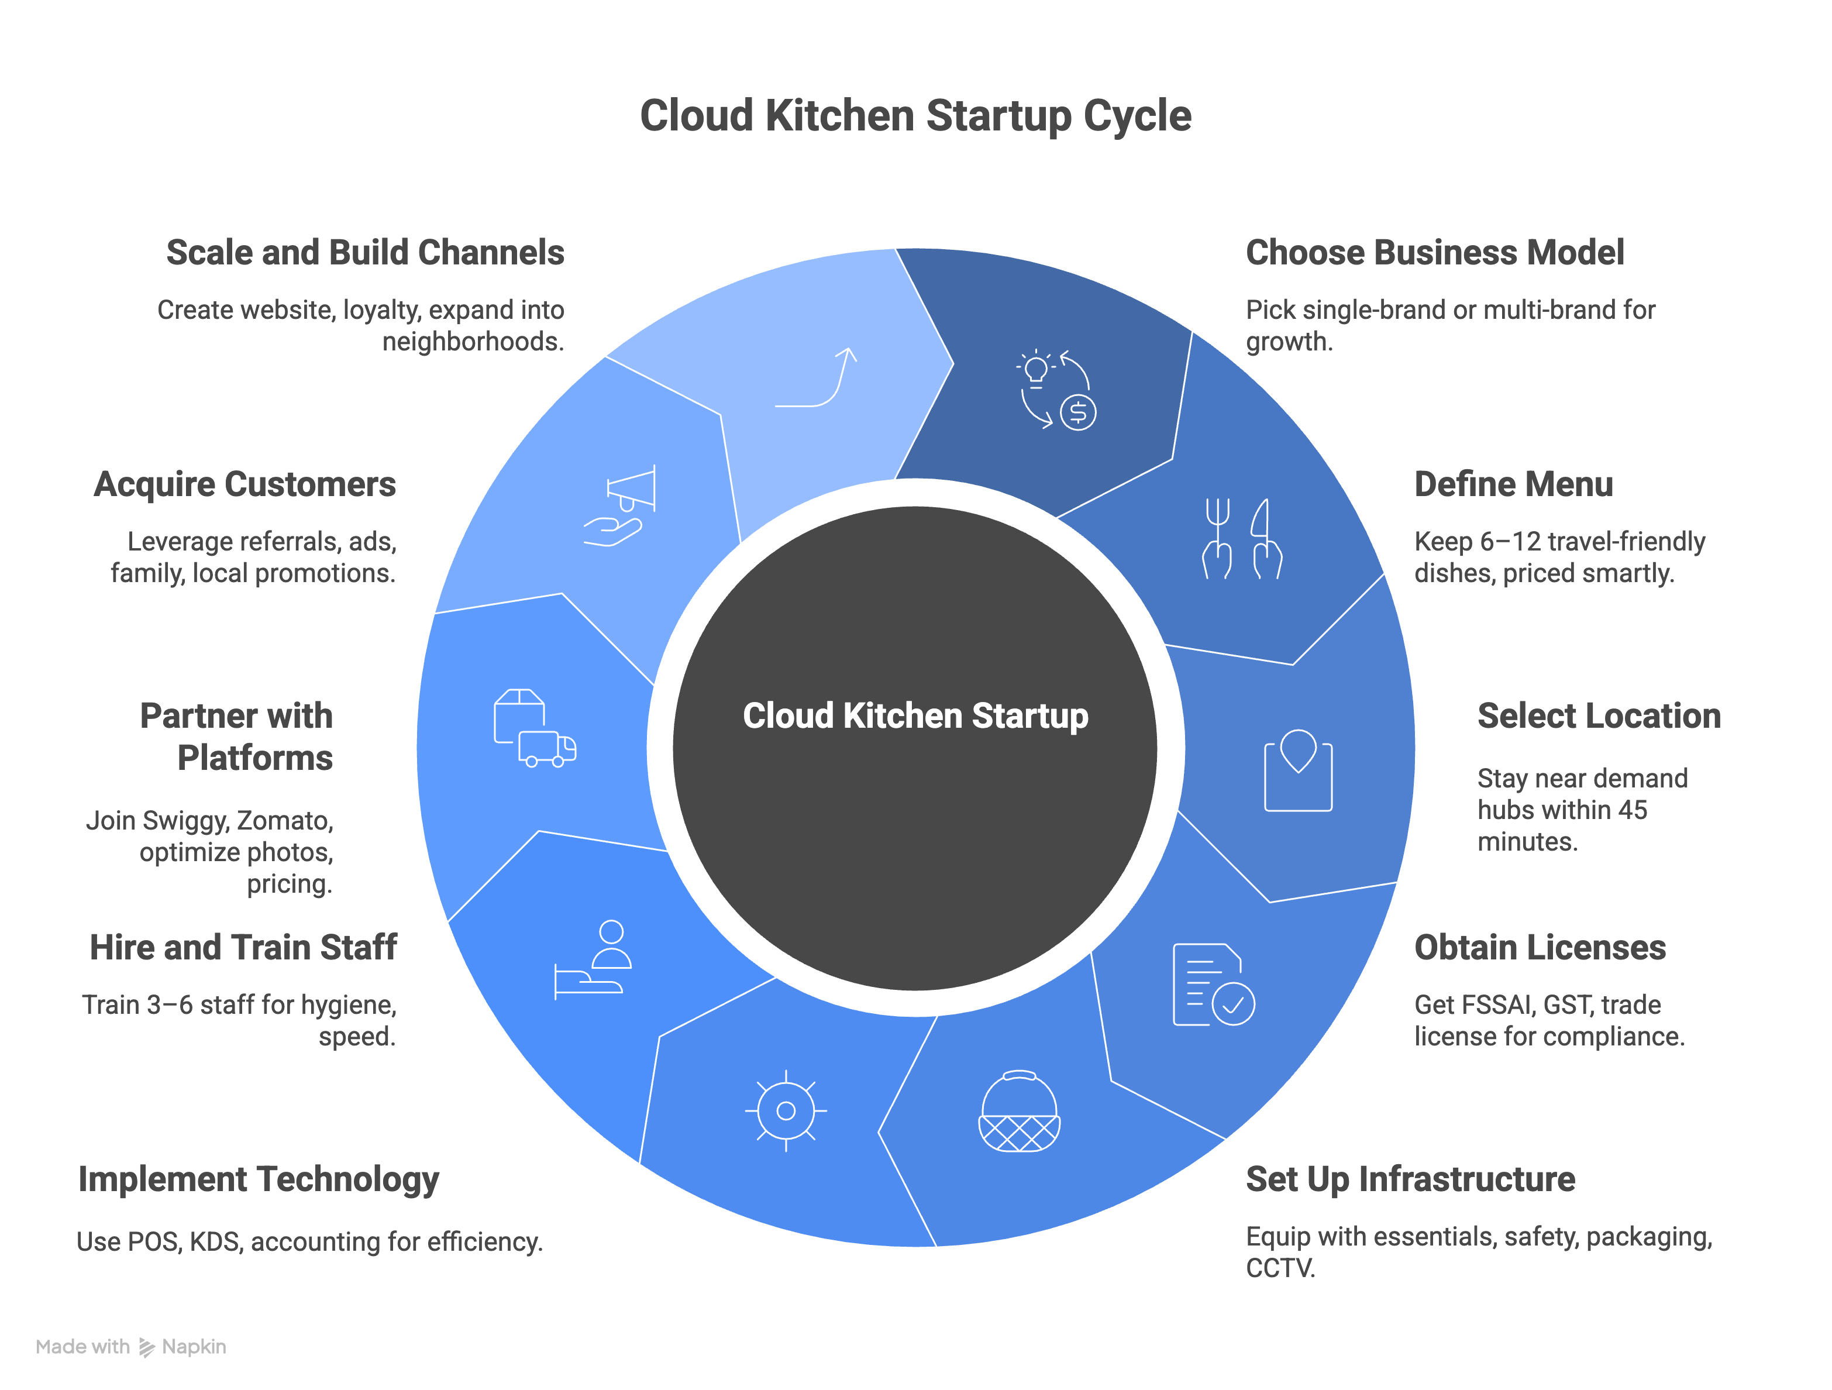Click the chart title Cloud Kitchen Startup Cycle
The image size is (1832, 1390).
click(915, 115)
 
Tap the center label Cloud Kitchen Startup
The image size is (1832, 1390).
click(915, 715)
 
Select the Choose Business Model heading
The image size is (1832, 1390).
click(1434, 253)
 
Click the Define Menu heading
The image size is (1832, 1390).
click(1513, 484)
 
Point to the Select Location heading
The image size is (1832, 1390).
click(1599, 715)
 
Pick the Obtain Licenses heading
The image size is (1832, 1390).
click(1540, 948)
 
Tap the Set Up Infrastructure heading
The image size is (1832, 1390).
click(1410, 1179)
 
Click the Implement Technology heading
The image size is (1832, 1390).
click(259, 1179)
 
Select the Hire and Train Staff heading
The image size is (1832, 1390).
click(243, 948)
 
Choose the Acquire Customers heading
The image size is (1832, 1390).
click(245, 484)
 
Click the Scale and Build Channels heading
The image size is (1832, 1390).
click(365, 253)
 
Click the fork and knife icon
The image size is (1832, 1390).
click(1242, 538)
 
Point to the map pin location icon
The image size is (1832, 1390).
click(1298, 770)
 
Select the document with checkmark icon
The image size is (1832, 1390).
click(1213, 985)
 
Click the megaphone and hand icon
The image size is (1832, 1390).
click(619, 505)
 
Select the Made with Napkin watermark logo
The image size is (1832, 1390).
click(131, 1347)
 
